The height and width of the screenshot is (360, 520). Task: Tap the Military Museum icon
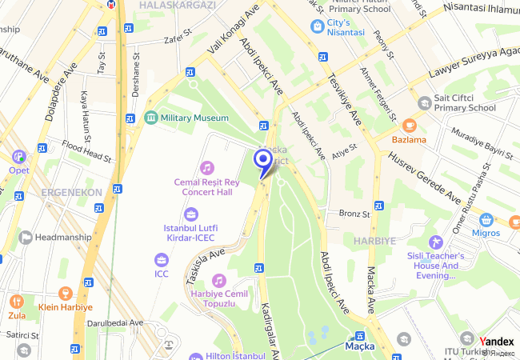click(x=150, y=118)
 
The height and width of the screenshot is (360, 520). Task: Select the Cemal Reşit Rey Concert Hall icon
click(x=207, y=167)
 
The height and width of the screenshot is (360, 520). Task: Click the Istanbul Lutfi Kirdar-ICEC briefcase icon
click(x=190, y=214)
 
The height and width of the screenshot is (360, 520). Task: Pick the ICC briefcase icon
click(x=162, y=260)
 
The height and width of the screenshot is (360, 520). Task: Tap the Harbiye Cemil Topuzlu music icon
click(x=218, y=281)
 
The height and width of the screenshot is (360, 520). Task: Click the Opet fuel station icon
click(x=18, y=155)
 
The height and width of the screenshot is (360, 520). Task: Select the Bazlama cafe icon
click(x=409, y=125)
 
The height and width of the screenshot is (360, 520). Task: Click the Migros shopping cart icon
click(x=486, y=218)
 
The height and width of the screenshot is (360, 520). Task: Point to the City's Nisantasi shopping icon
click(x=318, y=26)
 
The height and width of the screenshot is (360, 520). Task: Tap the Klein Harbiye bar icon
click(x=66, y=293)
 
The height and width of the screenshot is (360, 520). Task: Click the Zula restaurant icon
click(x=16, y=302)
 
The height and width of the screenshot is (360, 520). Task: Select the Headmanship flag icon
click(x=25, y=237)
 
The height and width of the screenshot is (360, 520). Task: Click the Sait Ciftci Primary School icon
click(x=424, y=102)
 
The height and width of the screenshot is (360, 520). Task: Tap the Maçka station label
click(x=360, y=346)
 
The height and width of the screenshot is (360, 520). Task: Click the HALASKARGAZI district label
click(x=177, y=5)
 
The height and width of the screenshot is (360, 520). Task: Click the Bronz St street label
click(x=354, y=214)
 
